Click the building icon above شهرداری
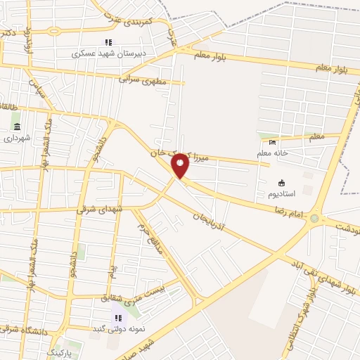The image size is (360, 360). pos(17,127)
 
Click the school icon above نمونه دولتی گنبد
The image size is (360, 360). pos(117,318)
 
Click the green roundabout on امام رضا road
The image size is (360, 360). pos(314,218)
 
